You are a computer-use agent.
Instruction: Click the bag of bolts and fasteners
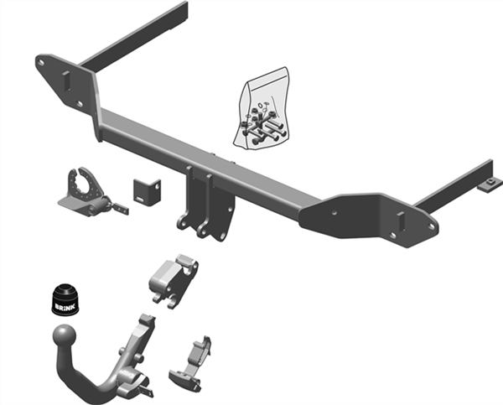pos(261,108)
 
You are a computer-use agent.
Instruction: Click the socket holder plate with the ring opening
pos(84,193)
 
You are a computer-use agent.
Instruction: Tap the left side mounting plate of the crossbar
pos(68,83)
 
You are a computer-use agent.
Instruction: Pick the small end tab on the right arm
pos(490,184)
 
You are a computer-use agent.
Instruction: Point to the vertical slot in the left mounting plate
pos(65,80)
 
